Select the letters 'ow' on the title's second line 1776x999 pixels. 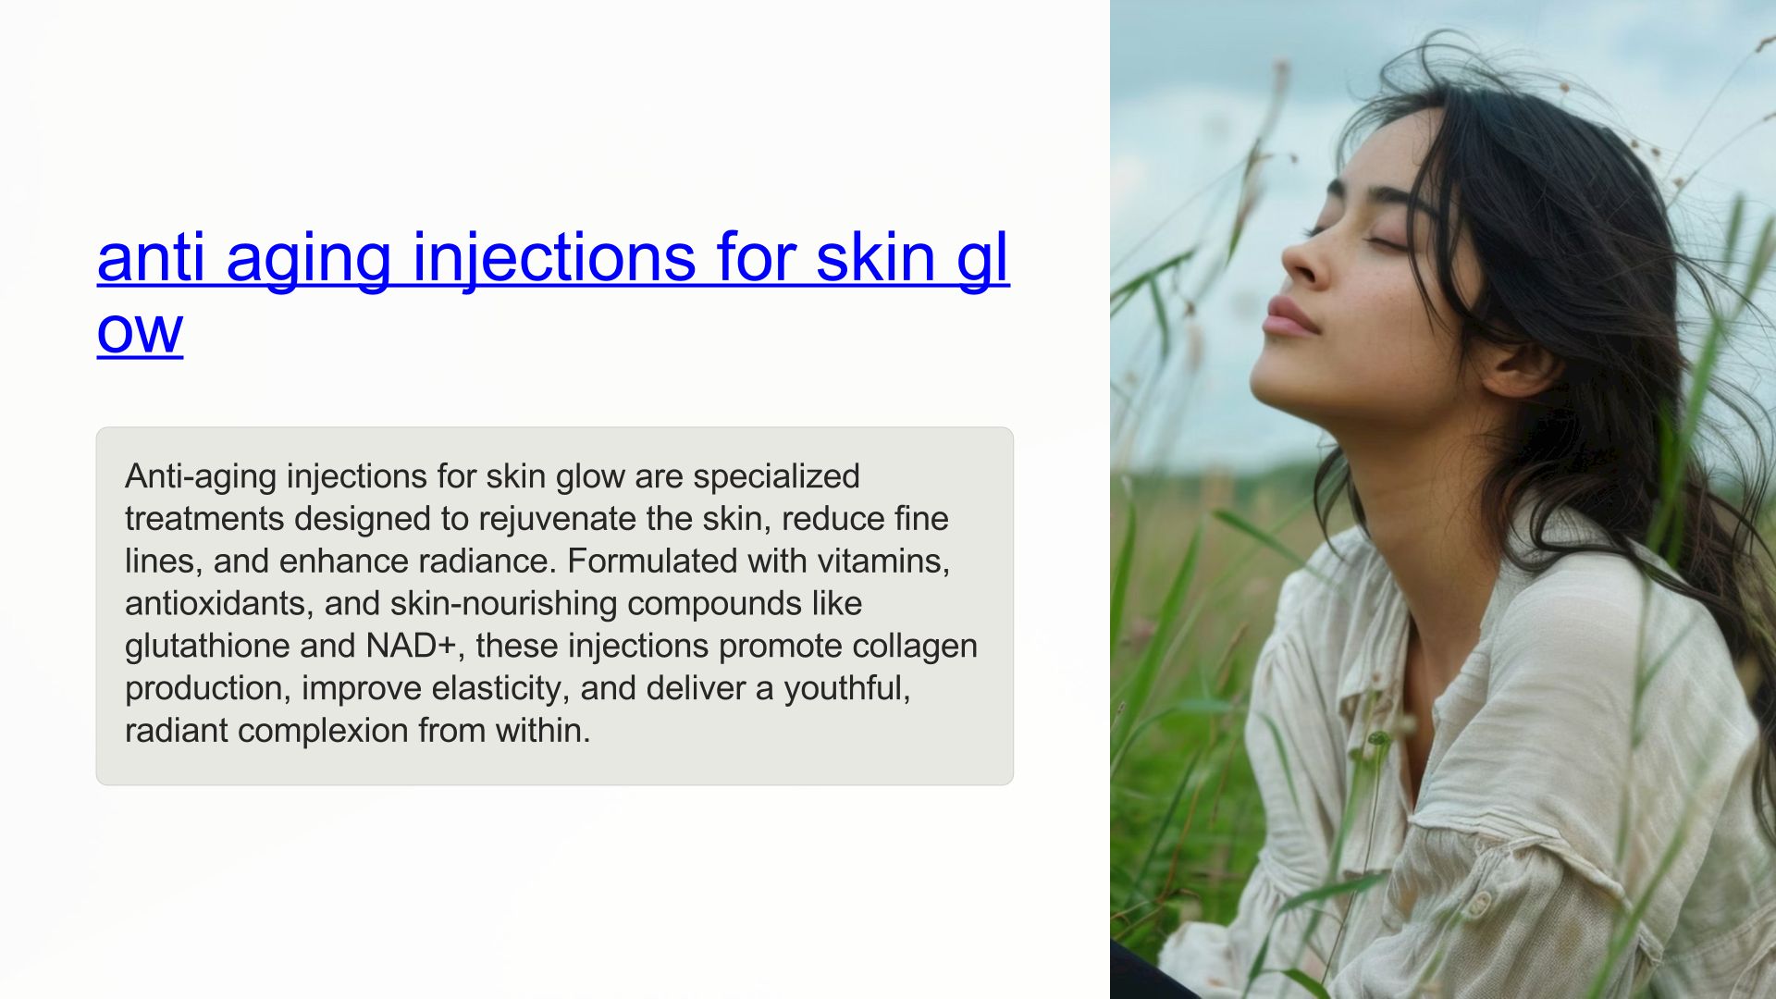140,331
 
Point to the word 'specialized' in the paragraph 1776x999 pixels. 776,477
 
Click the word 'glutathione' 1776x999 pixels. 207,647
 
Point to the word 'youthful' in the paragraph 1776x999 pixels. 847,689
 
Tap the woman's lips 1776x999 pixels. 1287,317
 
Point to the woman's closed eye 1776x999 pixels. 1385,241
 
